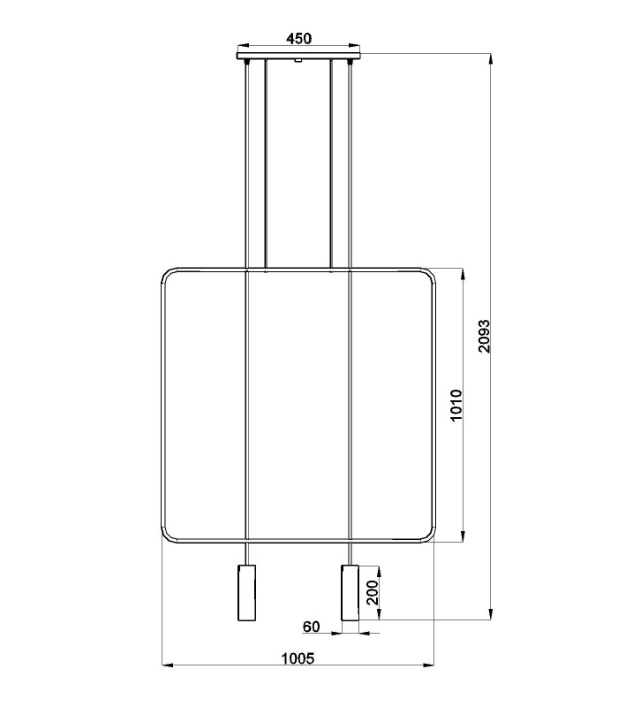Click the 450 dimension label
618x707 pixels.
coord(298,39)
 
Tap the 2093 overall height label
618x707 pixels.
coord(484,336)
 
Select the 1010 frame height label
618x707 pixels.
coord(456,405)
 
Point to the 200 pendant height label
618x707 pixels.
coord(372,592)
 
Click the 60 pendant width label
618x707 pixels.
coord(312,627)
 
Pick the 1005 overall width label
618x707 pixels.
coord(298,658)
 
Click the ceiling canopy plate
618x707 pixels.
coord(298,57)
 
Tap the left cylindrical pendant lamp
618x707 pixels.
coord(247,592)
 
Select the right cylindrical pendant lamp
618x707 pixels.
coord(350,592)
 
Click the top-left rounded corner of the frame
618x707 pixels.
coord(166,273)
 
